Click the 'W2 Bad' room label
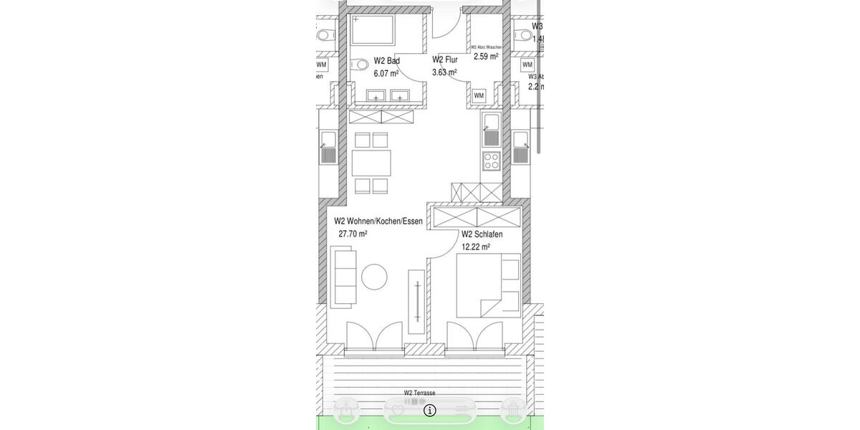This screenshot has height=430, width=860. click(386, 61)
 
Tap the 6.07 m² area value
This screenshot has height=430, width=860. click(386, 73)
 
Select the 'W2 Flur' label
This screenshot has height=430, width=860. click(444, 59)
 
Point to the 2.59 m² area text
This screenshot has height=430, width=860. click(486, 56)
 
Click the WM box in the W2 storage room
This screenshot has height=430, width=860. click(479, 95)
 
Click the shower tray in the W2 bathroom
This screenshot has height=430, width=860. click(373, 30)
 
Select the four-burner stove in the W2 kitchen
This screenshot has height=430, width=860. click(491, 161)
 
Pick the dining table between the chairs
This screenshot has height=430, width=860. click(371, 163)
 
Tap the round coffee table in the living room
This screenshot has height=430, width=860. click(374, 277)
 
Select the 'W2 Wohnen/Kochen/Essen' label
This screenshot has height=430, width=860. click(378, 221)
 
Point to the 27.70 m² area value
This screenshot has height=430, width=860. click(353, 234)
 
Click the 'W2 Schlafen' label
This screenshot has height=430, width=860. click(482, 234)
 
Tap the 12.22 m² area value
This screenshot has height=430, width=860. click(475, 247)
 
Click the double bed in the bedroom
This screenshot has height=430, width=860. click(480, 285)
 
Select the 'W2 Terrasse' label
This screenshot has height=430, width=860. click(419, 393)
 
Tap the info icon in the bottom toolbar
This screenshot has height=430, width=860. click(430, 410)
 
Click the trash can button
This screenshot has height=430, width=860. click(513, 410)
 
